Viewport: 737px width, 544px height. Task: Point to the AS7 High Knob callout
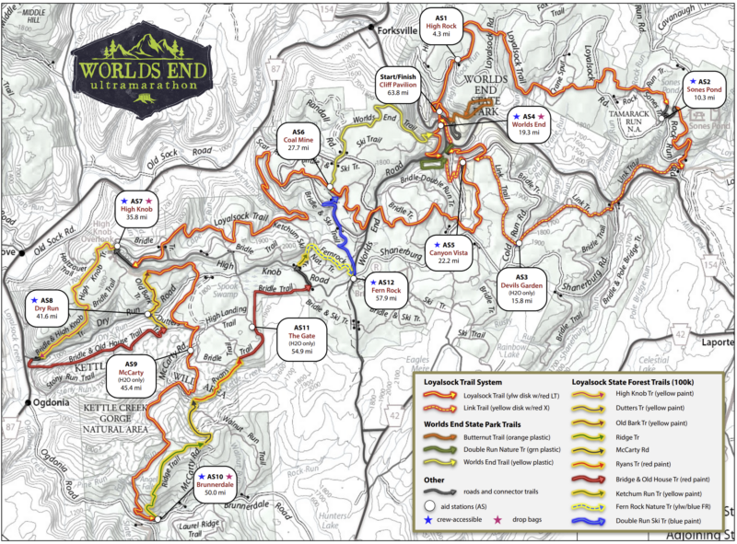pos(135,209)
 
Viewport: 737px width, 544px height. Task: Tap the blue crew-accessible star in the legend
pos(427,522)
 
